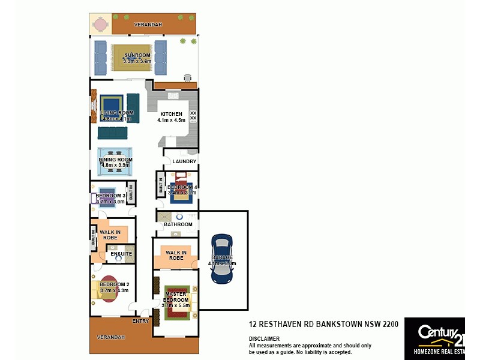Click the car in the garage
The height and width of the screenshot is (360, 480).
click(222, 259)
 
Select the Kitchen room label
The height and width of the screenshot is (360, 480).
click(171, 114)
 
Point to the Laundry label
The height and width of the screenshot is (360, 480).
click(184, 161)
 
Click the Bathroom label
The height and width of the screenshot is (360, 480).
click(178, 224)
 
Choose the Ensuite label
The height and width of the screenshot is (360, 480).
click(121, 254)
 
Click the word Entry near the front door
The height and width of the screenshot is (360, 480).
click(140, 321)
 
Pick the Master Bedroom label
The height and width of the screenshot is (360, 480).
click(176, 297)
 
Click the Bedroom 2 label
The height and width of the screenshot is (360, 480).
click(114, 284)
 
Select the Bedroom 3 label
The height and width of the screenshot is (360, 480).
click(110, 196)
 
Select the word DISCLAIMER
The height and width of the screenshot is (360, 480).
click(264, 339)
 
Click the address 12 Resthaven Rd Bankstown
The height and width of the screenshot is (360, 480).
click(324, 324)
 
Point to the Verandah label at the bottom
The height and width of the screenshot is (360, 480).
click(111, 337)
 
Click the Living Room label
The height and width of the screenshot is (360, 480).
click(116, 113)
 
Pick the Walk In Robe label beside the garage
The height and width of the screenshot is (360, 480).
click(176, 255)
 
